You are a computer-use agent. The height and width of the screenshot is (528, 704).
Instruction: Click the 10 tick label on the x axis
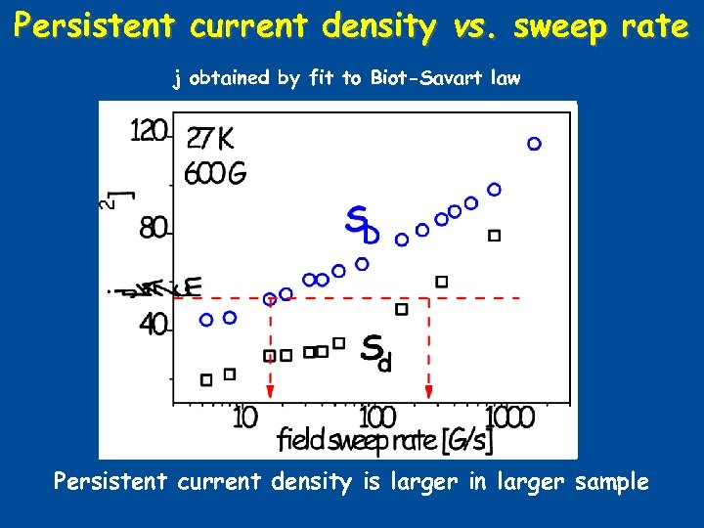[244, 418]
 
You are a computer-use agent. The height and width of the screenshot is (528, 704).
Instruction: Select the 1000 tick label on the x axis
[509, 418]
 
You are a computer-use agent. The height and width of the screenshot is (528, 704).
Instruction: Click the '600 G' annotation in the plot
[215, 174]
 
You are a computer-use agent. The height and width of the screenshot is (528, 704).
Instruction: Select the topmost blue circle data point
[534, 144]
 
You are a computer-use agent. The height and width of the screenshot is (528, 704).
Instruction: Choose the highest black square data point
[494, 236]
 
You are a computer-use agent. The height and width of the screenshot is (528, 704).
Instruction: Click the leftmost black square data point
[206, 379]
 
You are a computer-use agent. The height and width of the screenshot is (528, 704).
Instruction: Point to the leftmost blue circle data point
[206, 320]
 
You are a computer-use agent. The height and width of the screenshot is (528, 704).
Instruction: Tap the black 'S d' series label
[376, 352]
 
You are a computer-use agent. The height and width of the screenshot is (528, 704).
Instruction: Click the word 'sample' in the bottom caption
[614, 482]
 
